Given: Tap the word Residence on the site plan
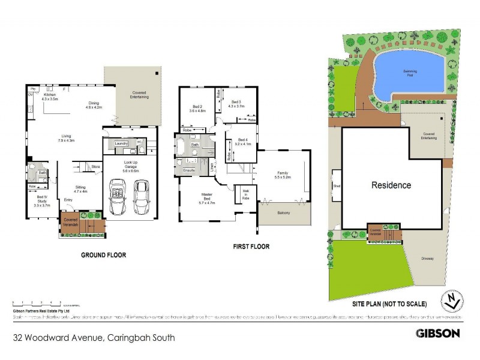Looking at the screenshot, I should (x=391, y=185).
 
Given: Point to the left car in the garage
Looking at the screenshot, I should (x=118, y=197).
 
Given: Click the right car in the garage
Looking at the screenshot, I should (x=141, y=197).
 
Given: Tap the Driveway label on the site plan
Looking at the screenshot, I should (x=427, y=259).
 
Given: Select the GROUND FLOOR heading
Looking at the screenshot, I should (x=103, y=255).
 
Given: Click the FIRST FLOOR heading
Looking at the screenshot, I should (x=250, y=246).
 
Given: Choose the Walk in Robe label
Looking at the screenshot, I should (x=246, y=196).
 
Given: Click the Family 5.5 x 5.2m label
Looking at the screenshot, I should (x=282, y=175).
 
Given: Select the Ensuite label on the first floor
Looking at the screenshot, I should (x=188, y=170).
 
